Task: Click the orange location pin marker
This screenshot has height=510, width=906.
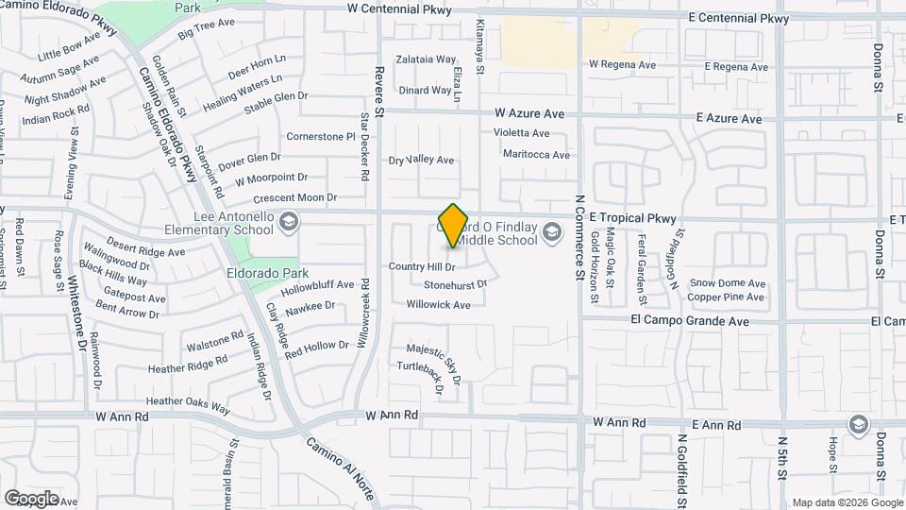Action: point(454,225)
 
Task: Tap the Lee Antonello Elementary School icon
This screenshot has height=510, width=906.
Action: point(289,222)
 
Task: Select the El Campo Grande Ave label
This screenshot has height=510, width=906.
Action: point(690,321)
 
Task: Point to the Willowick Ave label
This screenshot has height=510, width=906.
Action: point(438,305)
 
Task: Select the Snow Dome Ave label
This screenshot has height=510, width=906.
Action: point(728,282)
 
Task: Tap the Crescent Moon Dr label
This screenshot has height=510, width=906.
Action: point(294,198)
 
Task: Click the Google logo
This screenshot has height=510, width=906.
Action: point(31,498)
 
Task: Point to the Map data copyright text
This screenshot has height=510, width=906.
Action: point(847,502)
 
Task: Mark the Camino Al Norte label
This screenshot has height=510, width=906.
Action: point(338,468)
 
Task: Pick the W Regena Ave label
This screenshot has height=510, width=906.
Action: point(622,65)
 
